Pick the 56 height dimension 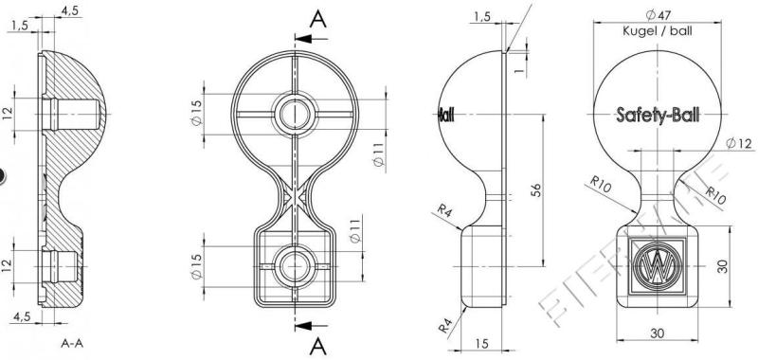click(535, 189)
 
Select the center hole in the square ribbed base click(293, 262)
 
